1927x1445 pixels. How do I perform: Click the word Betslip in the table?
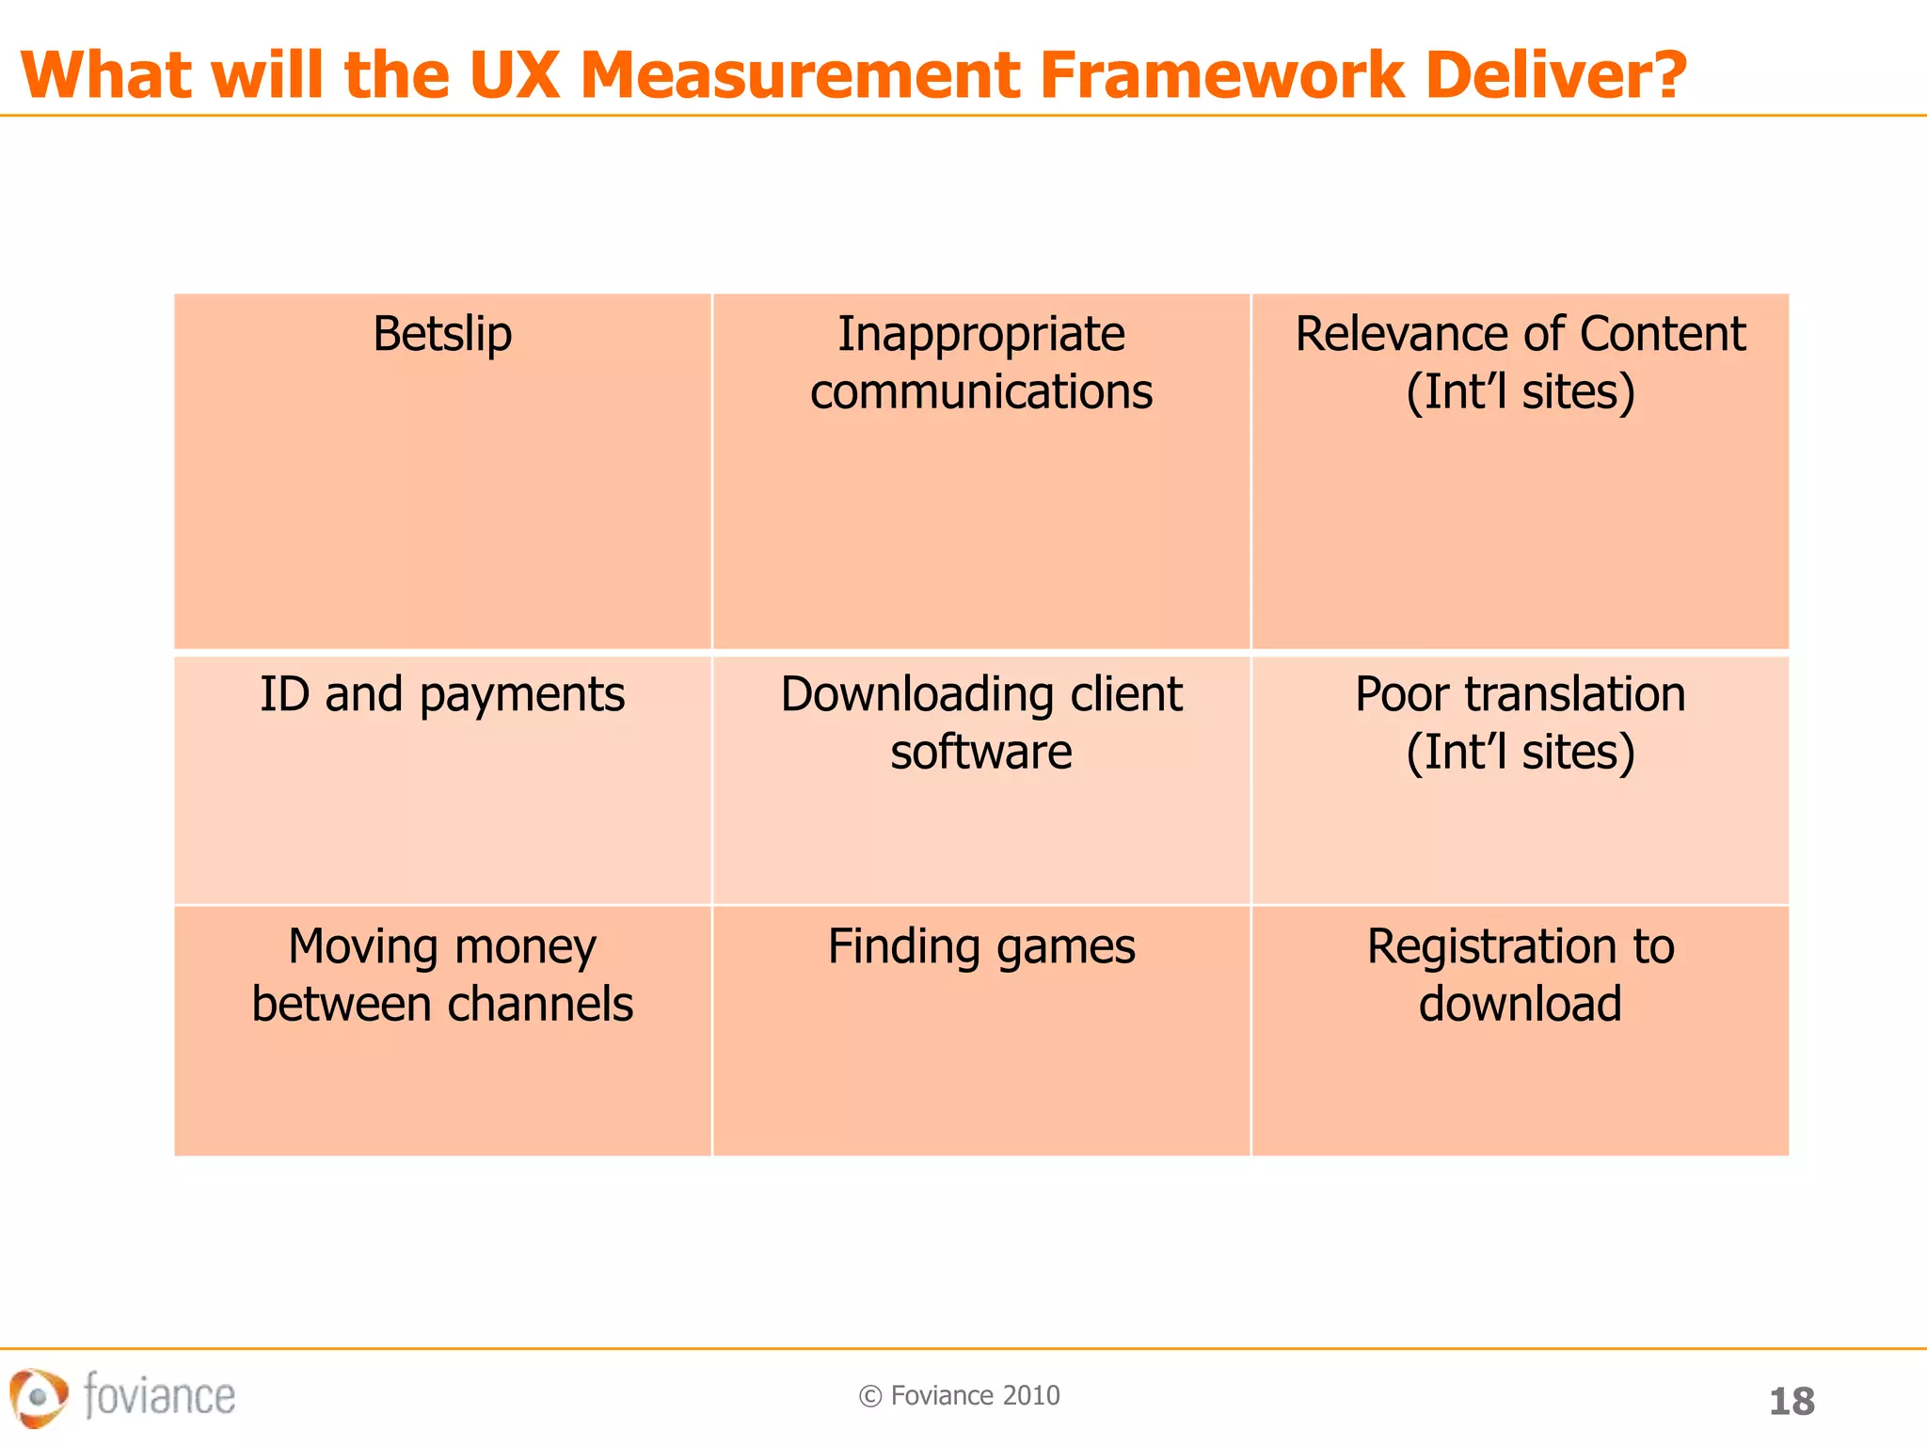click(442, 335)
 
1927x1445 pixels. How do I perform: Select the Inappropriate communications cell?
click(981, 470)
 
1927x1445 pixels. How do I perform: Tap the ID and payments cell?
click(442, 779)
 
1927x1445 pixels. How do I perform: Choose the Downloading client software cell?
click(981, 779)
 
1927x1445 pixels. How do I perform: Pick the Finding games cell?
click(981, 1030)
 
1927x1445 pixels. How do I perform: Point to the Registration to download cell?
click(1520, 1030)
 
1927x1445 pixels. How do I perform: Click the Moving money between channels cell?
click(442, 1030)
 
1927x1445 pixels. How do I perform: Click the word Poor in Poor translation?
click(1401, 695)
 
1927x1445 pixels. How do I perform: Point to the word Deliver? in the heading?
click(1556, 75)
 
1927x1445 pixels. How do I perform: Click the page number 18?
click(1792, 1402)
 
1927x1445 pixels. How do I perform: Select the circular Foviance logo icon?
click(39, 1397)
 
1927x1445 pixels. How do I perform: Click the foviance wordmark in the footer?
click(159, 1395)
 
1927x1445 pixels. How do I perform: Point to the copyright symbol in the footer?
click(870, 1397)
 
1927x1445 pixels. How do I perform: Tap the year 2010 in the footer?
click(1031, 1396)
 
